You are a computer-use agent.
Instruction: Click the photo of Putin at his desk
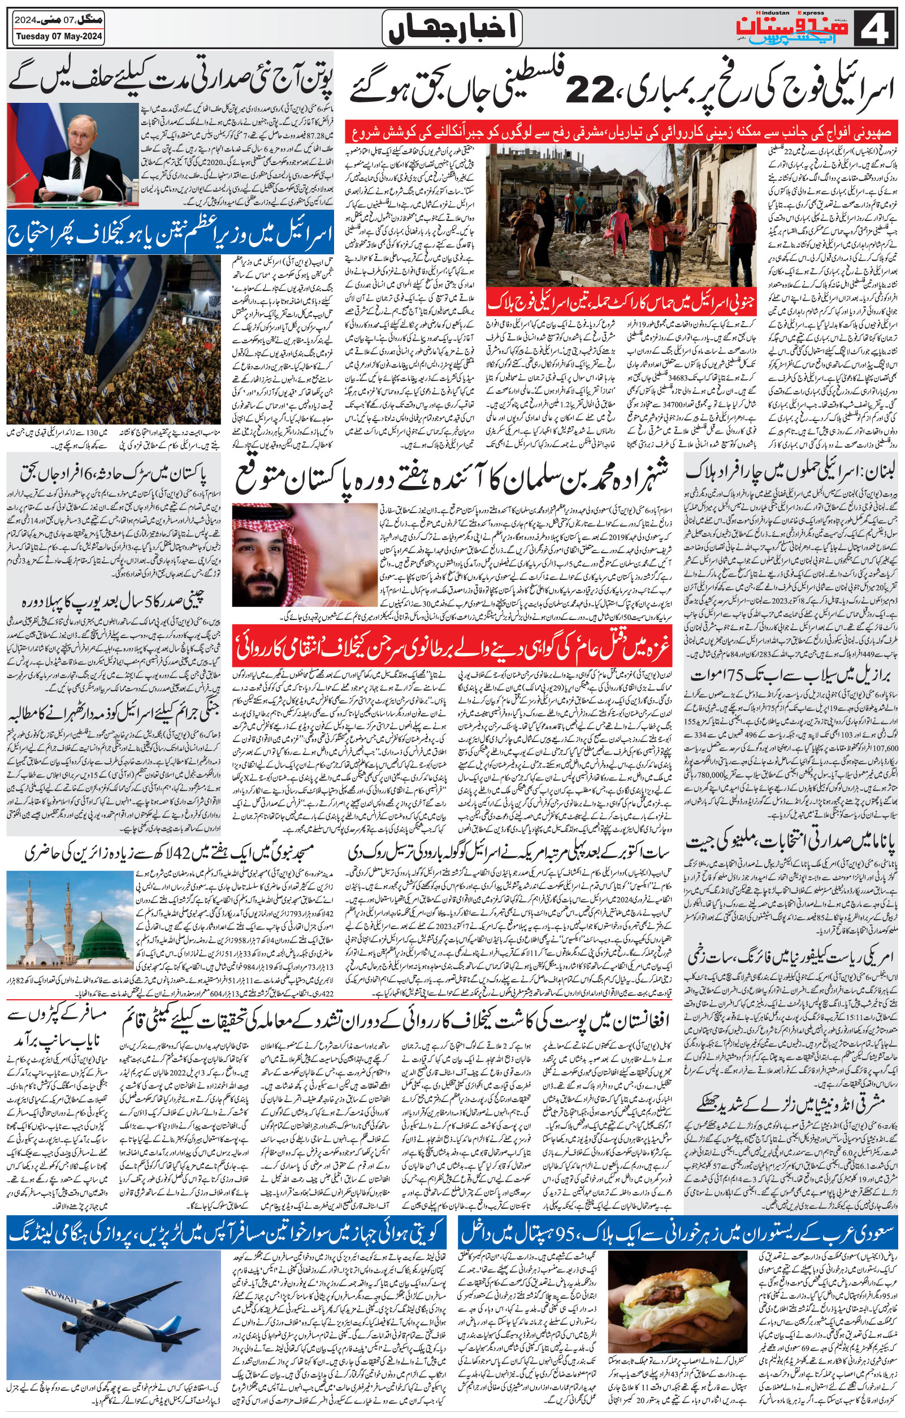click(x=72, y=154)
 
